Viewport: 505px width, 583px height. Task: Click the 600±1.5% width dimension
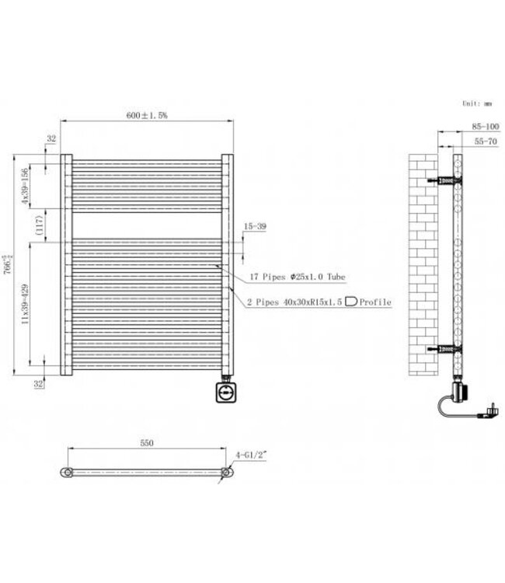(x=148, y=114)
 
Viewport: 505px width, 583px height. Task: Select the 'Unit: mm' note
(x=476, y=103)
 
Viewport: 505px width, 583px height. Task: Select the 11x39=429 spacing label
(x=26, y=303)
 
